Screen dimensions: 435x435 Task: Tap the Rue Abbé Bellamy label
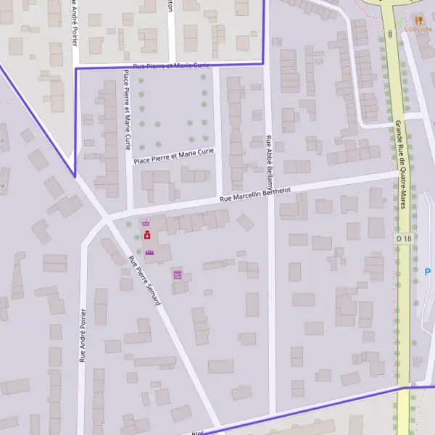pyautogui.click(x=269, y=162)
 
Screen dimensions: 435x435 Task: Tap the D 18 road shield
pyautogui.click(x=404, y=238)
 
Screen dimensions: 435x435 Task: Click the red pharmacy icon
pyautogui.click(x=147, y=236)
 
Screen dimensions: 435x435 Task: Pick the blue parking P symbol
pyautogui.click(x=427, y=272)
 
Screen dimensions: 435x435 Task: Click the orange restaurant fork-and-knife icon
pyautogui.click(x=418, y=20)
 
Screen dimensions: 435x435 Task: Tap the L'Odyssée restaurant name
pyautogui.click(x=419, y=30)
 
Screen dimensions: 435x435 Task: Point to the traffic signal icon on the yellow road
pyautogui.click(x=390, y=33)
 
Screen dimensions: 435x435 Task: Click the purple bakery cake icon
pyautogui.click(x=149, y=252)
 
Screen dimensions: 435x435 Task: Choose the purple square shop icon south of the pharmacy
pyautogui.click(x=177, y=274)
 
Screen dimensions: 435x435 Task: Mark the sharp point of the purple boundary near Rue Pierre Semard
pyautogui.click(x=75, y=177)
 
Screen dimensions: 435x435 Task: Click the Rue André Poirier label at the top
pyautogui.click(x=75, y=22)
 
